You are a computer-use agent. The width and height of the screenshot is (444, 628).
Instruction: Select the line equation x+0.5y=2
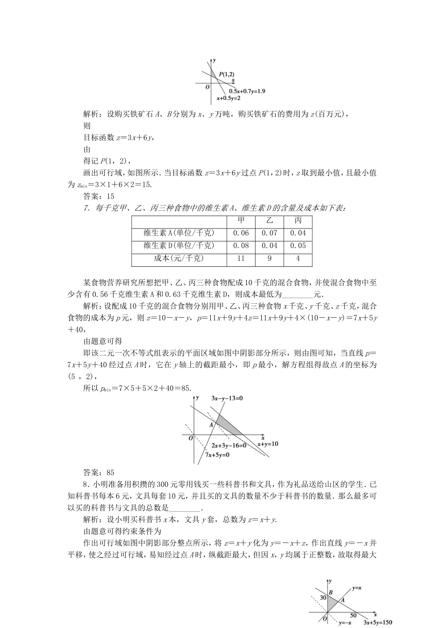229,99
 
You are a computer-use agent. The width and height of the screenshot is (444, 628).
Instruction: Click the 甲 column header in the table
241,221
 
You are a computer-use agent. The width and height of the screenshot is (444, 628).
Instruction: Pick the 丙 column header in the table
298,221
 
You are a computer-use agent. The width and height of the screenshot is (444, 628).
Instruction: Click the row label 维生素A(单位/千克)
179,233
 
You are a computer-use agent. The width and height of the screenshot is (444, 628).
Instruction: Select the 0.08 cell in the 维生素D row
241,246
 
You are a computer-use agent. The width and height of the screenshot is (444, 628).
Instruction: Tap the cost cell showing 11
241,258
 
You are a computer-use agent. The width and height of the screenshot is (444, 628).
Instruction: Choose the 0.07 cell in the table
270,233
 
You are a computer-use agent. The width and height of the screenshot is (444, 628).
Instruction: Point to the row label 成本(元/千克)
179,258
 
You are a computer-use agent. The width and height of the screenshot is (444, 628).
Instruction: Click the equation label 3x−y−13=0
228,398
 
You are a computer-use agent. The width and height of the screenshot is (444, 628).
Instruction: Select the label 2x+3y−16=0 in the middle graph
229,445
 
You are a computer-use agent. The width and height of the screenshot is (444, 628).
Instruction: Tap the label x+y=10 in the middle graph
268,443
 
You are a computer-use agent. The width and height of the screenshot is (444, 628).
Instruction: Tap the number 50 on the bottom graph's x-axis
353,615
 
